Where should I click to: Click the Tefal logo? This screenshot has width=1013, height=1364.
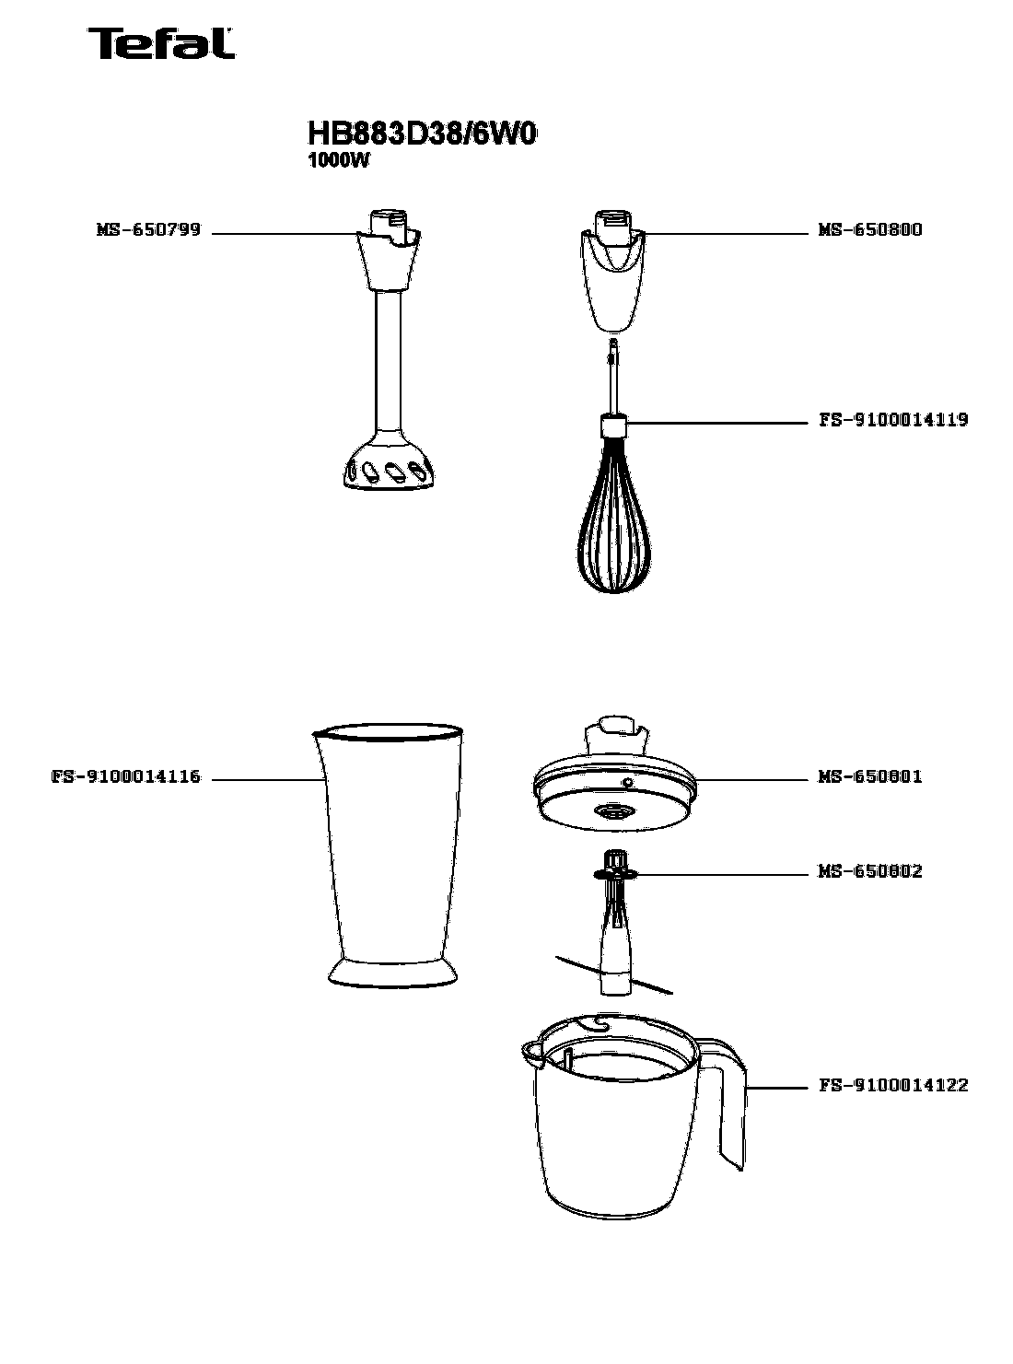click(160, 44)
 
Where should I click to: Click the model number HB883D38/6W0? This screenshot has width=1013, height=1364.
click(421, 134)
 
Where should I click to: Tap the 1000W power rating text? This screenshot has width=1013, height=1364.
click(338, 161)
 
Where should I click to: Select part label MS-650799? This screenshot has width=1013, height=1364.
click(148, 230)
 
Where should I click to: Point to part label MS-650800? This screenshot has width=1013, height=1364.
click(869, 230)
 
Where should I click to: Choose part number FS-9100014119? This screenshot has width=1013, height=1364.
click(893, 420)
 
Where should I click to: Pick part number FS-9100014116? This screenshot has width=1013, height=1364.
click(126, 776)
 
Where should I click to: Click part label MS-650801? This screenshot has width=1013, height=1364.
click(869, 776)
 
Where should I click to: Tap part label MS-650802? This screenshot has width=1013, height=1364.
click(869, 871)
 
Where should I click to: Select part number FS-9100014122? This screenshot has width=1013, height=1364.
click(893, 1086)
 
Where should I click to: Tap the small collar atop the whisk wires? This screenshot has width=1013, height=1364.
click(614, 426)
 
